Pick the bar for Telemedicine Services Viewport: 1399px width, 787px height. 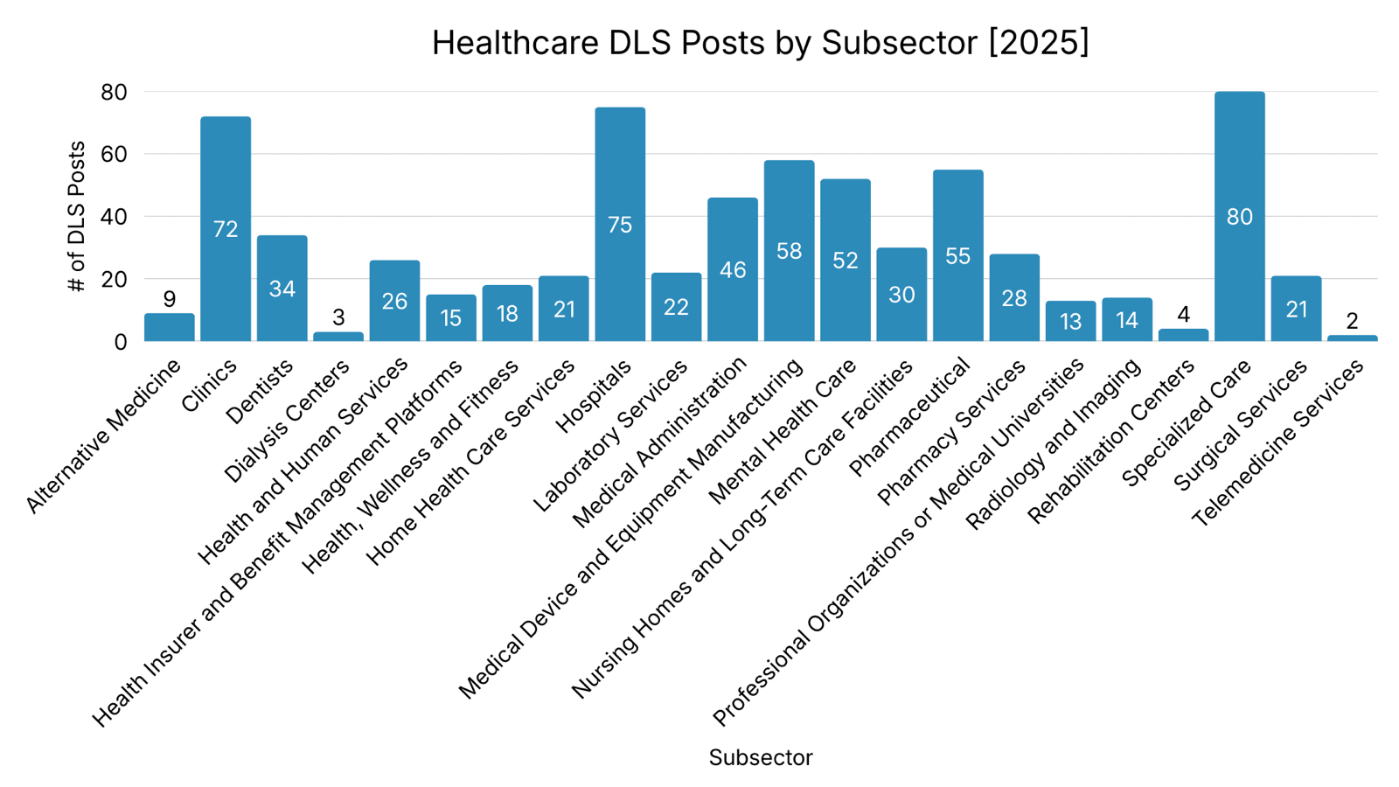[1352, 338]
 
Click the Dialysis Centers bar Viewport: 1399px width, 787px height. [338, 337]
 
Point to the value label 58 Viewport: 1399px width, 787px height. [789, 251]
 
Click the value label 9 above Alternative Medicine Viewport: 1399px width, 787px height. [170, 299]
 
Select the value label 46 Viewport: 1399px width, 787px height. [733, 270]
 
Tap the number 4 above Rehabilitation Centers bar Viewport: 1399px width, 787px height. [1183, 314]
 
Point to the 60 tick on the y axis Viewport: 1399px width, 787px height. [115, 154]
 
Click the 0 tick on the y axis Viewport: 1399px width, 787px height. [121, 342]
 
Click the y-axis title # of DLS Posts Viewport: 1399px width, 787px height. [77, 216]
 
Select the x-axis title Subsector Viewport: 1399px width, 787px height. [761, 757]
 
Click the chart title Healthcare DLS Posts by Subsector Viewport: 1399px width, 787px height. [761, 42]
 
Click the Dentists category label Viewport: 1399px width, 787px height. [260, 393]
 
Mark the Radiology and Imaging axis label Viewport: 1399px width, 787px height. [1054, 444]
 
